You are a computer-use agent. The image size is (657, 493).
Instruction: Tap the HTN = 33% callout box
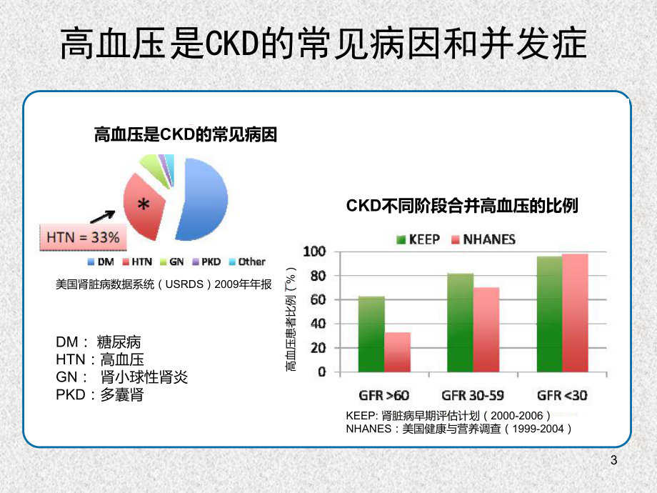(83, 236)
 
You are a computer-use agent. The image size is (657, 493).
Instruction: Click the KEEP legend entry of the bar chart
(418, 239)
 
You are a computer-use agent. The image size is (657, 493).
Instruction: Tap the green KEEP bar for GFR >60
(371, 334)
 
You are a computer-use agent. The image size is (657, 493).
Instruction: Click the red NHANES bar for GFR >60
(398, 352)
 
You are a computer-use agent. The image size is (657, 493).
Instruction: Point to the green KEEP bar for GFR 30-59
(461, 322)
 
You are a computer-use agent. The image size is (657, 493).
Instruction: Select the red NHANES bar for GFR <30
(575, 313)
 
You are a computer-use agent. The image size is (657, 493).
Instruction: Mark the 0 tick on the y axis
(321, 372)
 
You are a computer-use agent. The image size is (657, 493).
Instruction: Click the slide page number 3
(613, 461)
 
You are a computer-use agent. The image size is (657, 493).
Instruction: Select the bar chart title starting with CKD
(462, 206)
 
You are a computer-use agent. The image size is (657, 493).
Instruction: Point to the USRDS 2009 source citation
(164, 284)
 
